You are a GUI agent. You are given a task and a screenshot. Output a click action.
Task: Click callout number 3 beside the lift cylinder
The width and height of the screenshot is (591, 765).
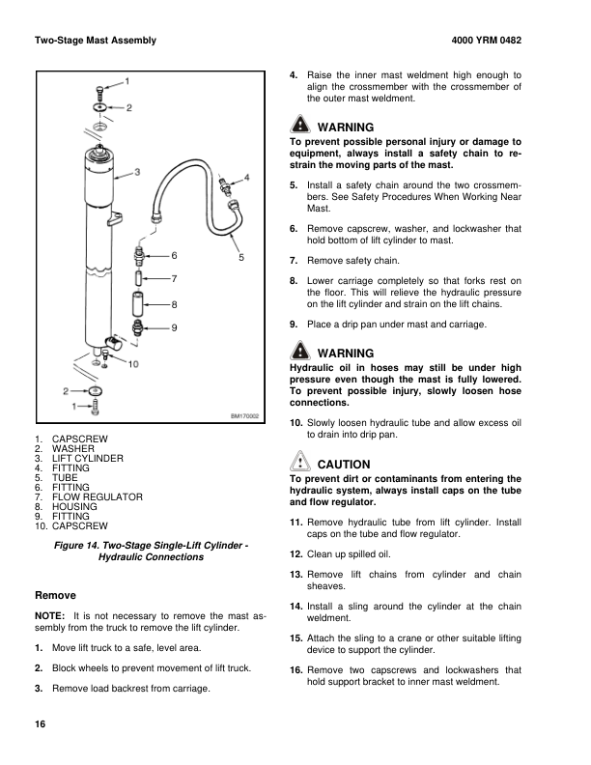(138, 172)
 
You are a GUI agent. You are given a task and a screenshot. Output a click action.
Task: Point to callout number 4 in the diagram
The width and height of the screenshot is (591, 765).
(246, 178)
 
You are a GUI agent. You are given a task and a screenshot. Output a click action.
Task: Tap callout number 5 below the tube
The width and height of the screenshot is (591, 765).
(241, 258)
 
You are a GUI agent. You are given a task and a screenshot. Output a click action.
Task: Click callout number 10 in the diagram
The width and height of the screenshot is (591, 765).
(133, 364)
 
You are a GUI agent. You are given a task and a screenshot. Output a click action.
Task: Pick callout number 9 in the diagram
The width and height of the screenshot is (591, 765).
(173, 328)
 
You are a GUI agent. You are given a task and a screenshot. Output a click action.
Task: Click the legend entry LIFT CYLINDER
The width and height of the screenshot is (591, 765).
(87, 458)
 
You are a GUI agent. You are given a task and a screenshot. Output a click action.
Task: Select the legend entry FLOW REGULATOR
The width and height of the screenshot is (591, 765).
(97, 496)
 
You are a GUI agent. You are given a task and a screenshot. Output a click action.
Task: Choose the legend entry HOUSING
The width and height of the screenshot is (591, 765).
(74, 506)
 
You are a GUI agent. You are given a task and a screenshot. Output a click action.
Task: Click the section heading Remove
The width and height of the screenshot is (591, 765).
(55, 595)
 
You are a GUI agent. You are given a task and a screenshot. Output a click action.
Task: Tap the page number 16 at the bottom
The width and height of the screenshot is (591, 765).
(40, 724)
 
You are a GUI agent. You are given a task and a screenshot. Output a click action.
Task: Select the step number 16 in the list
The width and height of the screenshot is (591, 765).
(296, 670)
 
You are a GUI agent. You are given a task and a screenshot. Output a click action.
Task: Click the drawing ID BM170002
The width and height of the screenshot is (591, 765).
(244, 416)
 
